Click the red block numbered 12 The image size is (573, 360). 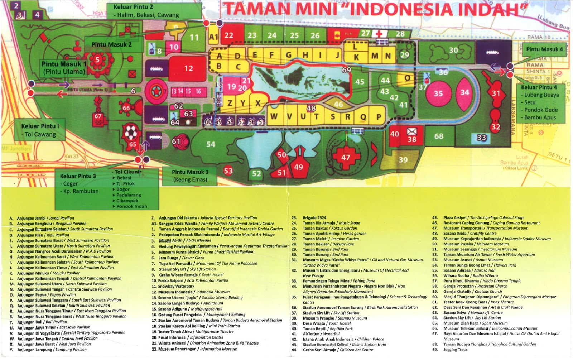click(x=188, y=68)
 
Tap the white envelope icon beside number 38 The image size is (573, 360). click(x=412, y=131)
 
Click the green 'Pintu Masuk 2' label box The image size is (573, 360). click(x=111, y=45)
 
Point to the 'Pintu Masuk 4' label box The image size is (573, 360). click(x=544, y=49)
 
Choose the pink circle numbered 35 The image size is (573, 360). click(x=438, y=93)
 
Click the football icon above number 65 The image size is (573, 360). click(x=131, y=132)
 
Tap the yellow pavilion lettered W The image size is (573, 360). click(x=274, y=116)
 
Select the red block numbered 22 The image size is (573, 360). click(x=229, y=35)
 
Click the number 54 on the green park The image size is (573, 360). click(x=211, y=144)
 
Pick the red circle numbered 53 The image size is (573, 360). click(x=228, y=171)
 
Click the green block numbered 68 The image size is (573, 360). click(x=439, y=136)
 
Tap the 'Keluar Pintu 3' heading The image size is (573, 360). click(x=78, y=176)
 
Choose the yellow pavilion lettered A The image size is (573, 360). click(x=219, y=56)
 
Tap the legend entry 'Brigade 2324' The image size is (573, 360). click(x=314, y=217)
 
